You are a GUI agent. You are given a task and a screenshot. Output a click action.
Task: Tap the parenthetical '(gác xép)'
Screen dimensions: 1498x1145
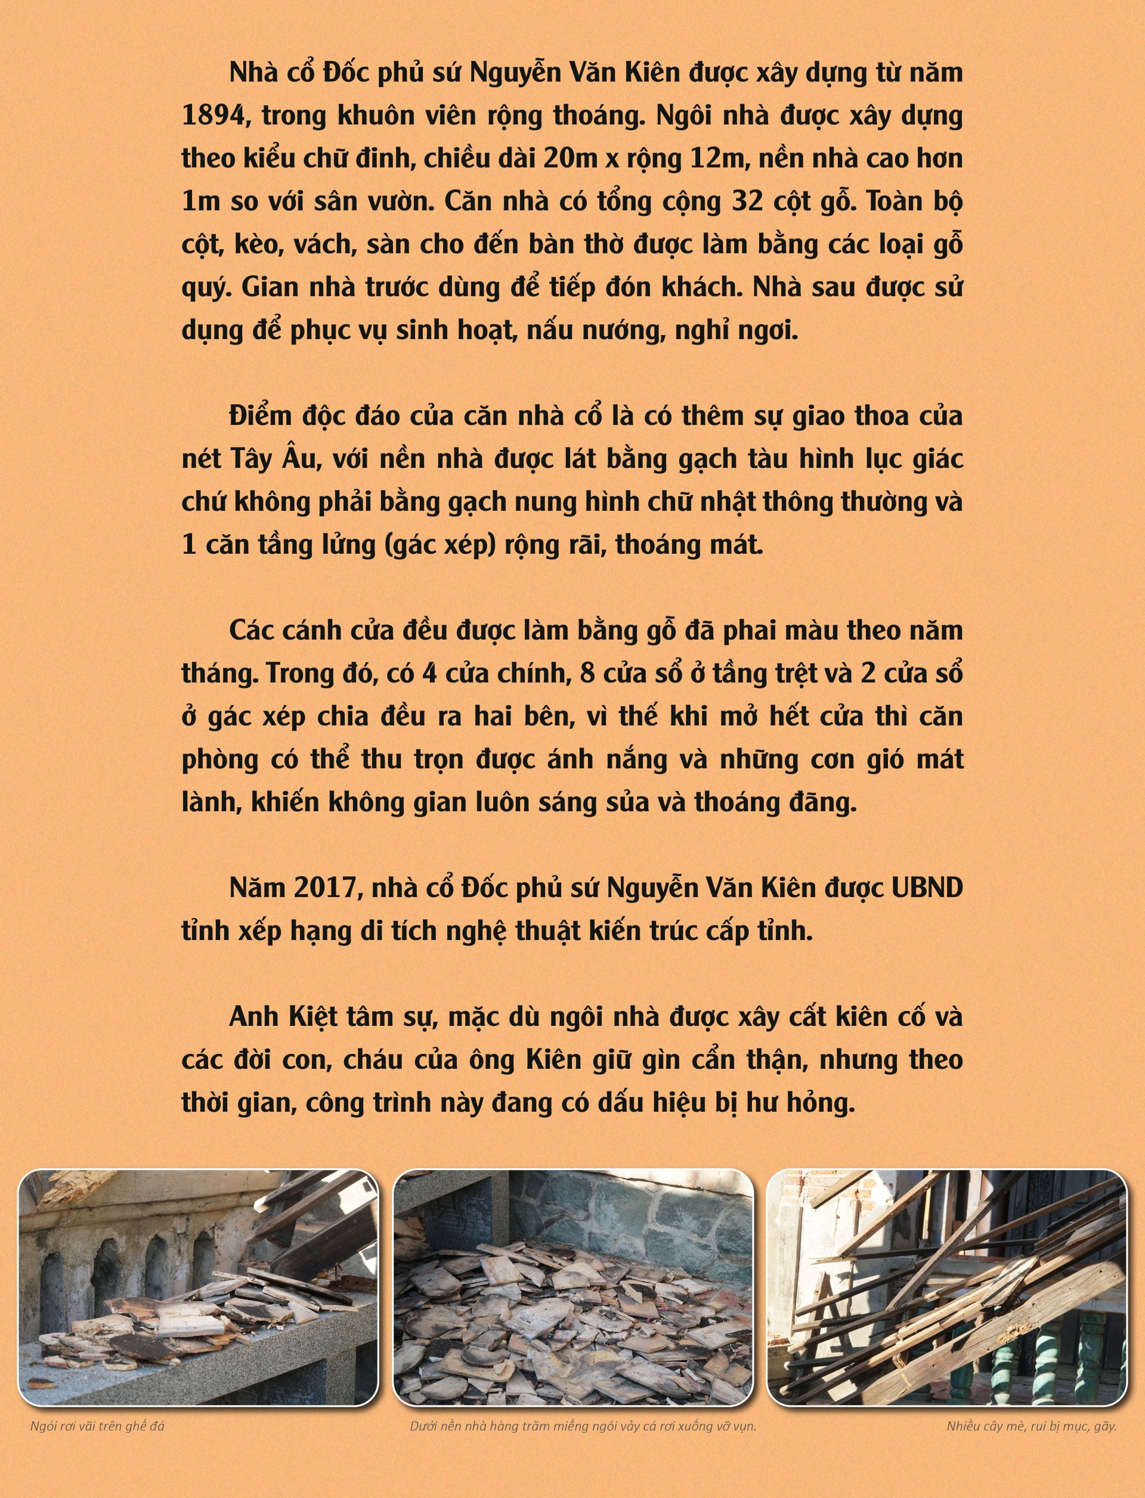click(x=440, y=545)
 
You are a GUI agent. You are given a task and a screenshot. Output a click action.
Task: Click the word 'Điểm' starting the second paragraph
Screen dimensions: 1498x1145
click(x=261, y=416)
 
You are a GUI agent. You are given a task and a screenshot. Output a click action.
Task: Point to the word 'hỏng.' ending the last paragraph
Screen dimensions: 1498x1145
click(x=821, y=1103)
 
